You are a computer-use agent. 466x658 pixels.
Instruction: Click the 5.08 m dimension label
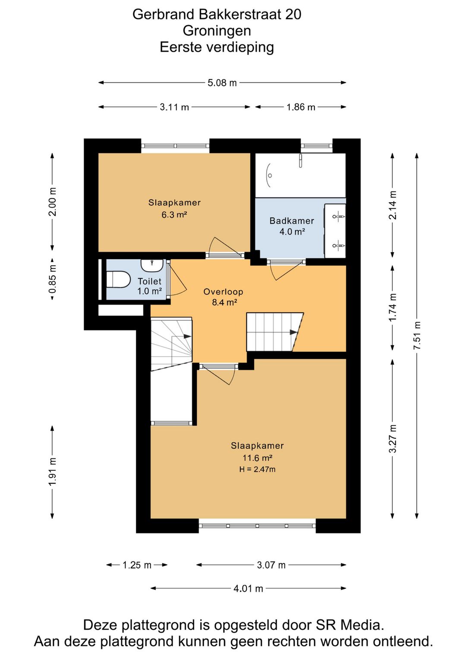[222, 83]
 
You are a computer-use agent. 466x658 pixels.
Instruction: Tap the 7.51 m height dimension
[417, 335]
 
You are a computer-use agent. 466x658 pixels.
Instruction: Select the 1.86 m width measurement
[301, 107]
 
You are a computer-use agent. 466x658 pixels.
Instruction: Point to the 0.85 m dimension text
[53, 279]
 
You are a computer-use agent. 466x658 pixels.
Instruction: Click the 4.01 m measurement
[248, 589]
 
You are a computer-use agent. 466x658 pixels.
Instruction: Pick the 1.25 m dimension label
[137, 565]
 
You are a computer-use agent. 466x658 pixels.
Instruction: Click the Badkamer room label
[292, 221]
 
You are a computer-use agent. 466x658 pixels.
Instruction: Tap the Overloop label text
[223, 291]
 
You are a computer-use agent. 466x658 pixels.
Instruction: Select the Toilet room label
[150, 281]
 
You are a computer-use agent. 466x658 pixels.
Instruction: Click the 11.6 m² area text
[257, 457]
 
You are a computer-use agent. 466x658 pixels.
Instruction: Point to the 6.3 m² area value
[174, 214]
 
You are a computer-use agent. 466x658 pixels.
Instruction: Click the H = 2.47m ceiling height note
[257, 470]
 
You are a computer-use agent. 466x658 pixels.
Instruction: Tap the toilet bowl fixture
[118, 279]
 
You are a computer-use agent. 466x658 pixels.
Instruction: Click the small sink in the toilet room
[152, 266]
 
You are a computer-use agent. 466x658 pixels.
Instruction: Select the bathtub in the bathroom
[300, 175]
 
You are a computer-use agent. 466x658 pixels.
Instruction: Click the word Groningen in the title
[217, 31]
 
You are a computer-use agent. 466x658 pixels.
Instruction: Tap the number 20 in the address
[293, 14]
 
